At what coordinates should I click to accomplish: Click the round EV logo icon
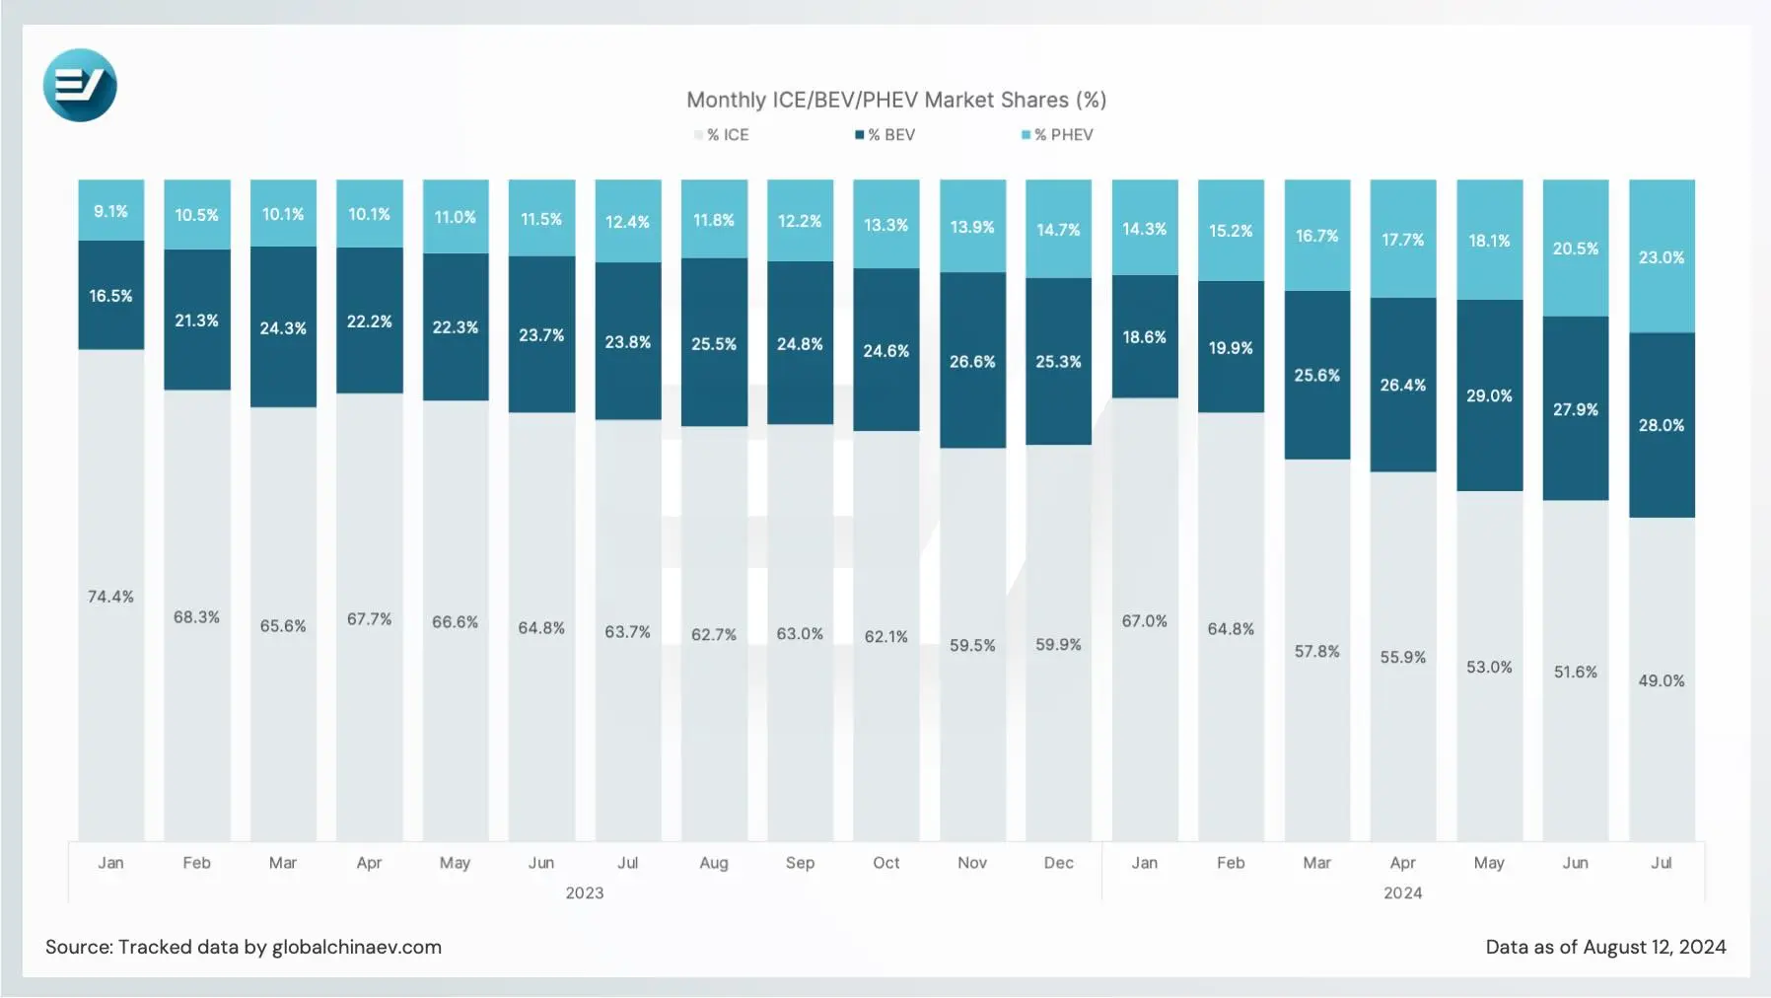pyautogui.click(x=80, y=86)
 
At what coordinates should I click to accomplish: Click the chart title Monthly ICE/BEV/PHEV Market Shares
pyautogui.click(x=895, y=100)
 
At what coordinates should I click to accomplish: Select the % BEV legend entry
pyautogui.click(x=885, y=135)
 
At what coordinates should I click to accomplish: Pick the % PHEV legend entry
pyautogui.click(x=1057, y=135)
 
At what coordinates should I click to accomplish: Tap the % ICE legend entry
pyautogui.click(x=722, y=135)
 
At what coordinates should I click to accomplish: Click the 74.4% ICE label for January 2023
pyautogui.click(x=110, y=597)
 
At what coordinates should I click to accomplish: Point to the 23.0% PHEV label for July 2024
pyautogui.click(x=1661, y=257)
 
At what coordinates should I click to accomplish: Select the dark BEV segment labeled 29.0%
pyautogui.click(x=1489, y=395)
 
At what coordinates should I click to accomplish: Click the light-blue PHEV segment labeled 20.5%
pyautogui.click(x=1575, y=249)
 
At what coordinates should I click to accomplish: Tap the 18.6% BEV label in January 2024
pyautogui.click(x=1144, y=337)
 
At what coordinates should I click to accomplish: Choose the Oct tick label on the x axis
pyautogui.click(x=885, y=863)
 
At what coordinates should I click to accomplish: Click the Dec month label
pyautogui.click(x=1058, y=863)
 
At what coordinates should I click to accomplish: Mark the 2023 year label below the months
pyautogui.click(x=584, y=892)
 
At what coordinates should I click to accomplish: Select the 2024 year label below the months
pyautogui.click(x=1402, y=892)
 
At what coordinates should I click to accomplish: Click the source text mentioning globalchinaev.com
pyautogui.click(x=243, y=947)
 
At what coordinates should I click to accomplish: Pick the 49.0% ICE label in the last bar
pyautogui.click(x=1661, y=680)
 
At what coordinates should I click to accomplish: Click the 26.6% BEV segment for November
pyautogui.click(x=972, y=362)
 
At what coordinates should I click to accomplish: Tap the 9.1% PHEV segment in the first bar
pyautogui.click(x=110, y=211)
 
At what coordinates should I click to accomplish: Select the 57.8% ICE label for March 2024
pyautogui.click(x=1316, y=651)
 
